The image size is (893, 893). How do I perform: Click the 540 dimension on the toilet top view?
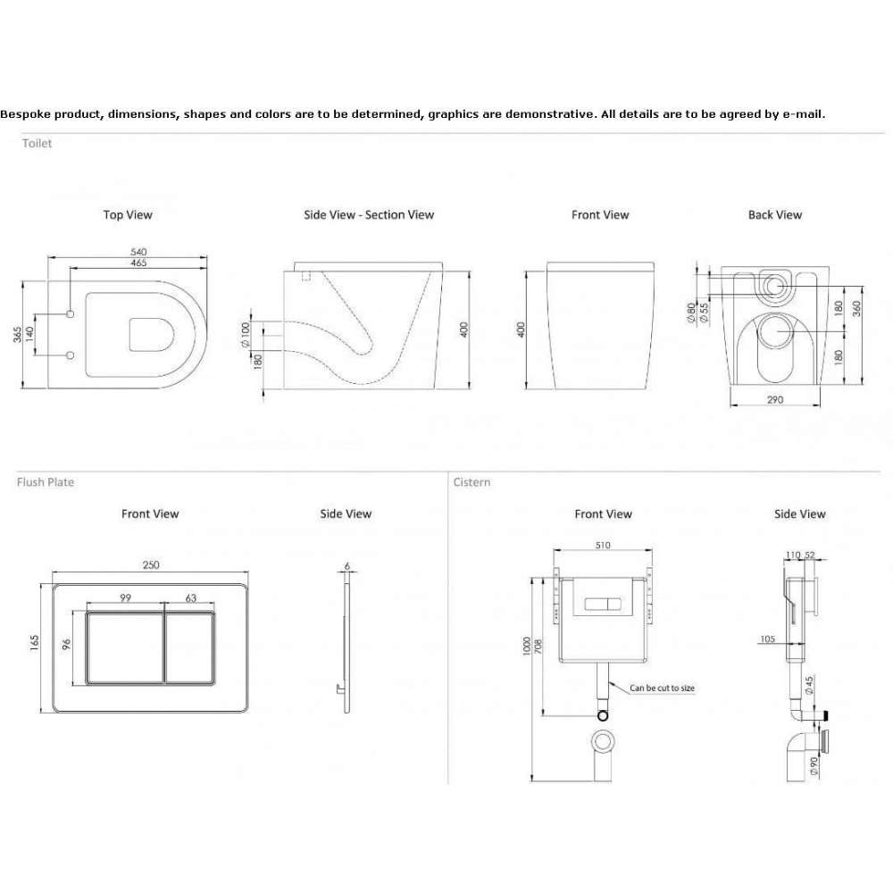click(x=138, y=252)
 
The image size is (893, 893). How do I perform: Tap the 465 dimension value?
click(x=138, y=263)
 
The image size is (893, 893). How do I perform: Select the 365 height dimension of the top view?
click(x=18, y=334)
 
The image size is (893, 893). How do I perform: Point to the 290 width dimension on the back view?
click(x=775, y=400)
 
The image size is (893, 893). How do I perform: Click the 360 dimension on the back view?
click(x=856, y=309)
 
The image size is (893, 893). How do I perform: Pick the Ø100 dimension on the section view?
click(x=246, y=335)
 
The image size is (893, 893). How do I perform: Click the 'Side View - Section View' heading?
click(x=369, y=214)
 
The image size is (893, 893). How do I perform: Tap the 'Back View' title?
click(x=774, y=214)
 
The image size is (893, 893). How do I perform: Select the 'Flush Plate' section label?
click(x=46, y=482)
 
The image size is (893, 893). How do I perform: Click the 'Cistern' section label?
click(x=472, y=482)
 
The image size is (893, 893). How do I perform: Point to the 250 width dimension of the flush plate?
click(x=151, y=565)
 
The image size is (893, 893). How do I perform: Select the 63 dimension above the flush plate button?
click(x=191, y=598)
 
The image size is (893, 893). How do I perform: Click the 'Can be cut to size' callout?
click(x=663, y=688)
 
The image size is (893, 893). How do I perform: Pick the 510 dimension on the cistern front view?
click(x=603, y=545)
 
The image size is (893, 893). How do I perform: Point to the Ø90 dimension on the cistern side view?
click(x=814, y=765)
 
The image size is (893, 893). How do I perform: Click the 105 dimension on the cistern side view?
click(x=768, y=639)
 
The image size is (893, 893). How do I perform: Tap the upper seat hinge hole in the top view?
click(x=71, y=313)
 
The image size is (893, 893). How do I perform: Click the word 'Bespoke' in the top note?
click(x=26, y=114)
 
